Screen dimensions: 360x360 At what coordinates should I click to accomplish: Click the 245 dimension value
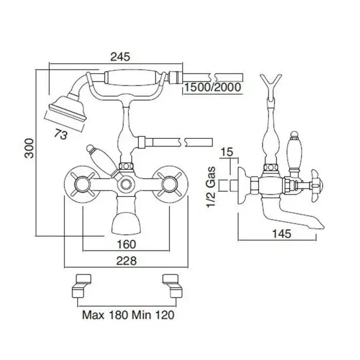(120, 57)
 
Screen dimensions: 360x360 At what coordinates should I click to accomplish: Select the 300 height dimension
(29, 148)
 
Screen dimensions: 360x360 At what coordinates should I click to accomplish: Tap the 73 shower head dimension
(61, 134)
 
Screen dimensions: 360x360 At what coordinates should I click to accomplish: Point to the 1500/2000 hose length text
(213, 87)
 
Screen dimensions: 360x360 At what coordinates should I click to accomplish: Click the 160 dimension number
(127, 244)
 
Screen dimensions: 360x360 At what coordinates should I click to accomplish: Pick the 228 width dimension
(127, 261)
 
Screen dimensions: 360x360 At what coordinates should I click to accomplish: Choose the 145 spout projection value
(281, 233)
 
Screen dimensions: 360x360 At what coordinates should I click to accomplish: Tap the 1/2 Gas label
(211, 187)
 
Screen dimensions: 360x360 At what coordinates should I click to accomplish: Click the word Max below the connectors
(93, 315)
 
